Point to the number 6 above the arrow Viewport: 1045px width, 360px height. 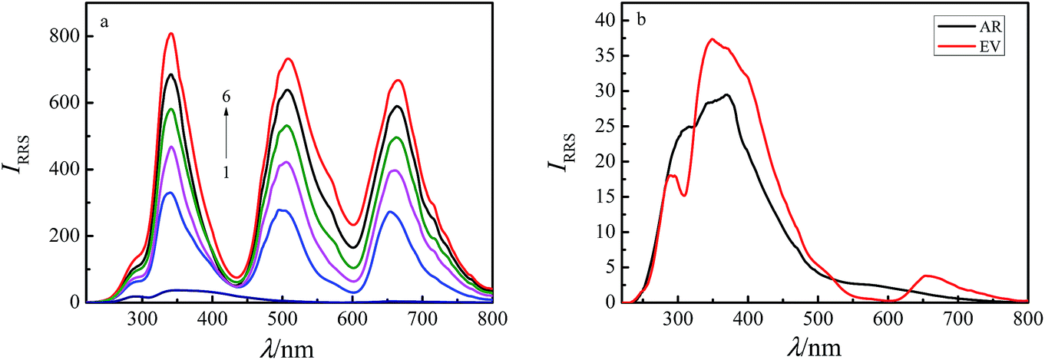point(227,97)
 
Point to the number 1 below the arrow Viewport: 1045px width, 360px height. point(227,173)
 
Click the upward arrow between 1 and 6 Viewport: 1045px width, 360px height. point(227,134)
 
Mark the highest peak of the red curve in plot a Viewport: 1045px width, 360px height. point(171,33)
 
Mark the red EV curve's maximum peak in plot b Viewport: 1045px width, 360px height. point(713,39)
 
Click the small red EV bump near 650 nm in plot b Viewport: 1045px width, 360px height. point(927,276)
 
